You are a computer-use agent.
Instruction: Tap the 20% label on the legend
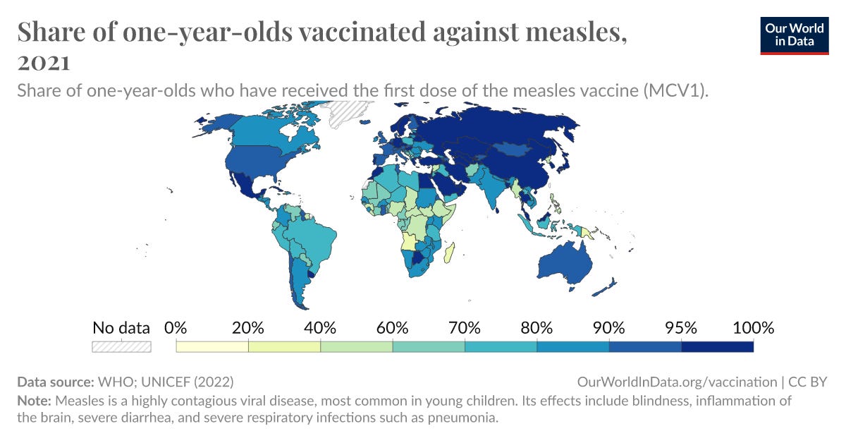click(248, 327)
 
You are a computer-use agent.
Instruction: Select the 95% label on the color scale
click(681, 327)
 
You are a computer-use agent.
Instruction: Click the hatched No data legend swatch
click(121, 346)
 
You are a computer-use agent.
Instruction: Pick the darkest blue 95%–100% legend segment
click(717, 346)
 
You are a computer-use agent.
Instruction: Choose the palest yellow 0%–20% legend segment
click(212, 346)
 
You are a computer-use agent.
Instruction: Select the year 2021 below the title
click(43, 63)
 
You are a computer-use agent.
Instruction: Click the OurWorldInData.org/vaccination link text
click(676, 382)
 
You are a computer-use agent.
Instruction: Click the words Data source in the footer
click(54, 382)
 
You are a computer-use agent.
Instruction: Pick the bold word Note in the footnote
click(33, 401)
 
